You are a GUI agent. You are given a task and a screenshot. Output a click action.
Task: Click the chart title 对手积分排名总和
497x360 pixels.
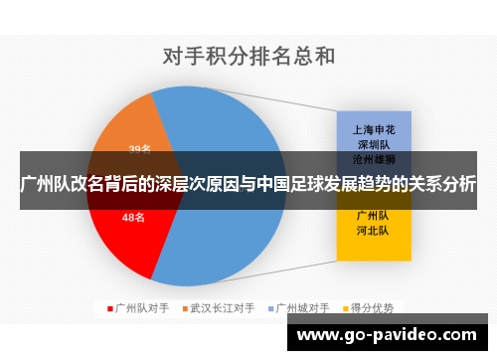[x=248, y=55]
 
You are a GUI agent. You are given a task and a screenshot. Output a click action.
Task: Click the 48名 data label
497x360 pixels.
[x=134, y=217]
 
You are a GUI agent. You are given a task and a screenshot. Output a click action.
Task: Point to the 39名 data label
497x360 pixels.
[x=140, y=150]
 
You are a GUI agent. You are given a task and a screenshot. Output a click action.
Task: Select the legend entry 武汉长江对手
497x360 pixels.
[x=223, y=308]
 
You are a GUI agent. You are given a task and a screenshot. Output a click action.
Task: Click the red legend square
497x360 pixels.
[x=109, y=308]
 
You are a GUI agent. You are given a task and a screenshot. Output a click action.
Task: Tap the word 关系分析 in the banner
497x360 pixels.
[x=437, y=184]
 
